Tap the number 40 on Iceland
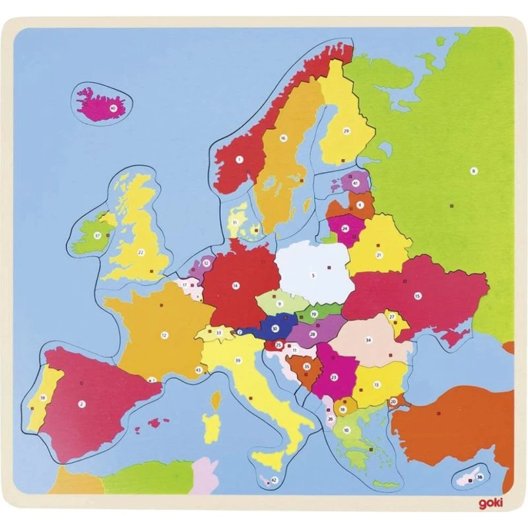pyautogui.click(x=114, y=107)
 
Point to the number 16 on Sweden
pyautogui.click(x=282, y=138)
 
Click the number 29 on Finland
pyautogui.click(x=345, y=131)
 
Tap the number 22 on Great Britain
pyautogui.click(x=140, y=251)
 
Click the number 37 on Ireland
pyautogui.click(x=96, y=234)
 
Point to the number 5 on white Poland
pyautogui.click(x=313, y=274)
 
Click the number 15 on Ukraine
pyautogui.click(x=417, y=296)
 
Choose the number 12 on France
pyautogui.click(x=164, y=335)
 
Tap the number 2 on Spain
pyautogui.click(x=82, y=403)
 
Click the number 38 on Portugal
pyautogui.click(x=42, y=397)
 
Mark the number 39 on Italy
pyautogui.click(x=238, y=360)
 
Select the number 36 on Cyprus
pyautogui.click(x=479, y=477)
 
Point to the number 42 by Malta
pyautogui.click(x=275, y=480)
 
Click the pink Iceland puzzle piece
pyautogui.click(x=102, y=102)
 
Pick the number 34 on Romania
pyautogui.click(x=368, y=341)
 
